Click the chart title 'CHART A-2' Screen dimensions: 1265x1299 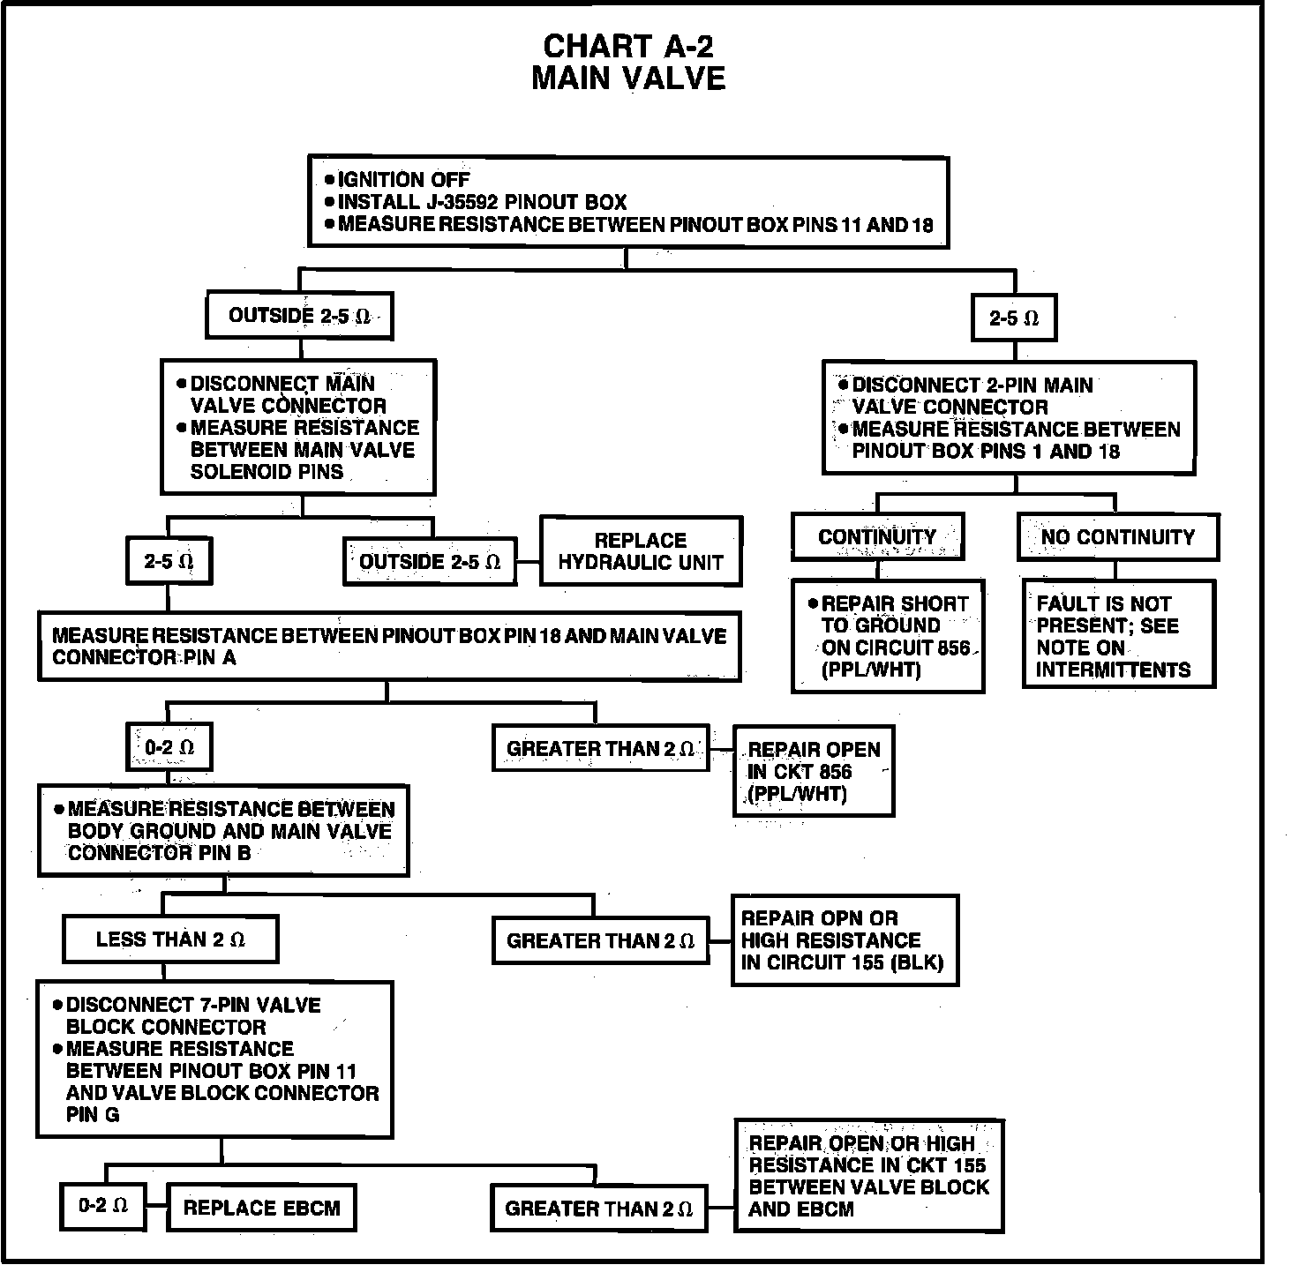[627, 46]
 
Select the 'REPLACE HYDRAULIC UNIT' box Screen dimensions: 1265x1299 [641, 551]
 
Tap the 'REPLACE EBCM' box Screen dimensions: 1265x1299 [261, 1208]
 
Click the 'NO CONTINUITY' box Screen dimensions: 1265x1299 [1117, 537]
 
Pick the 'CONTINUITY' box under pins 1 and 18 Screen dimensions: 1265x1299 [877, 537]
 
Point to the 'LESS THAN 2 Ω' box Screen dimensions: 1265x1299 [170, 939]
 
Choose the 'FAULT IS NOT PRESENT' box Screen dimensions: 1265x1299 [1117, 636]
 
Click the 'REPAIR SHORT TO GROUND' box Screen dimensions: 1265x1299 [887, 636]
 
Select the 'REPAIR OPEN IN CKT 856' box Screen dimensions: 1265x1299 [813, 771]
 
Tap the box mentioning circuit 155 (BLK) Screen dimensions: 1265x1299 [844, 940]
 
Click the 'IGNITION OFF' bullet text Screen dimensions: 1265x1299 [403, 180]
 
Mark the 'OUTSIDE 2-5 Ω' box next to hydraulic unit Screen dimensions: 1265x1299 [430, 562]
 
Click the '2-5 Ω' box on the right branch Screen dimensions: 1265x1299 [1014, 318]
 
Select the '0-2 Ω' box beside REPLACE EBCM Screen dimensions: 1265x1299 [103, 1206]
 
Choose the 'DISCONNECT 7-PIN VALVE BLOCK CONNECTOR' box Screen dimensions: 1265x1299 [214, 1059]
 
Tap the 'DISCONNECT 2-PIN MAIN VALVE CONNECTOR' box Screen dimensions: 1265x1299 [1009, 418]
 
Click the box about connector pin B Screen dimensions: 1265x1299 [223, 830]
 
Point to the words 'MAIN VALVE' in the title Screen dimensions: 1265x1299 [627, 79]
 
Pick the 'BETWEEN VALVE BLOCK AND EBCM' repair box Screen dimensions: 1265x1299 [868, 1175]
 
